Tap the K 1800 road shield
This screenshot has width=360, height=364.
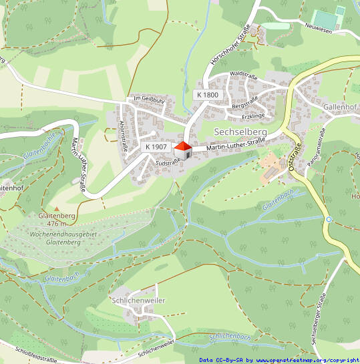click(x=207, y=95)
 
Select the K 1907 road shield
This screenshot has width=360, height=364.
click(x=155, y=146)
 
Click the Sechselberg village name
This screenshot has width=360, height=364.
click(x=240, y=132)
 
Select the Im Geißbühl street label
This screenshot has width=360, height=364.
click(x=148, y=99)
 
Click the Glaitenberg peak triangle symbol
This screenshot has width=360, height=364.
click(x=56, y=208)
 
